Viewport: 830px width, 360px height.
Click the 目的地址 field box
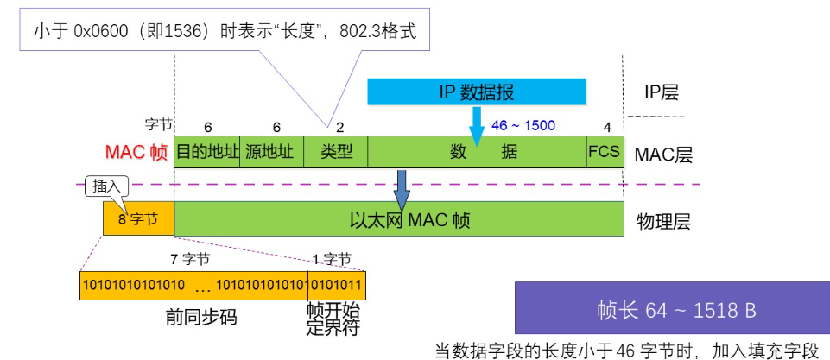coord(206,151)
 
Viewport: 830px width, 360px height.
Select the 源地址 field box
coord(271,151)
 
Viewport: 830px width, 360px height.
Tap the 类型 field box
coord(336,151)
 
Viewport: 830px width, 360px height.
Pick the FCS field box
coord(605,151)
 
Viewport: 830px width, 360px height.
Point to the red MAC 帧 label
coord(136,152)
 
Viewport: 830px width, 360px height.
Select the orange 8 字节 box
coord(138,218)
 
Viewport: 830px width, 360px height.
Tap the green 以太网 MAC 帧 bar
coord(398,218)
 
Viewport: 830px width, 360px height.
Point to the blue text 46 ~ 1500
coord(523,126)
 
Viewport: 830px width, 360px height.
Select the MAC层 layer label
coord(663,155)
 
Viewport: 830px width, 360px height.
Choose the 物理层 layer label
coord(663,221)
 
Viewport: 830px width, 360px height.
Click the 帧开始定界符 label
coord(333,319)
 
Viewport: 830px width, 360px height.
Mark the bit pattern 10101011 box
coord(338,285)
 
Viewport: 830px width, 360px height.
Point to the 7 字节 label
coord(190,258)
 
